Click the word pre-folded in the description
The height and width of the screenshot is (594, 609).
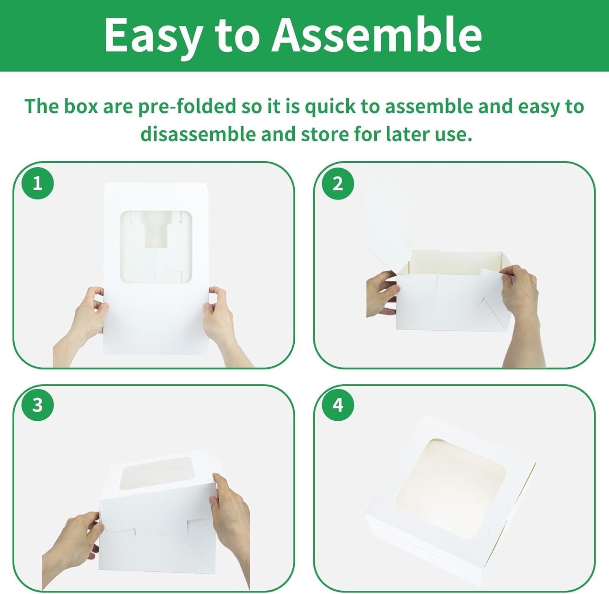tap(187, 107)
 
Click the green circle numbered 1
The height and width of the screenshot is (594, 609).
tap(38, 183)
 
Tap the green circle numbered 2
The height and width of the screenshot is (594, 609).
tap(338, 183)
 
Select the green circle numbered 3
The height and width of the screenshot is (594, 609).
tap(38, 405)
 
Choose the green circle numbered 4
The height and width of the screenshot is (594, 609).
tap(338, 405)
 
